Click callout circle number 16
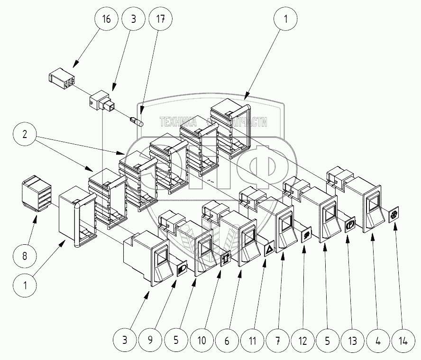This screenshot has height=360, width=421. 107,20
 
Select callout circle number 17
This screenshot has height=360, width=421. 160,20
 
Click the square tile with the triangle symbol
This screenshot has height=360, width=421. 268,249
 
